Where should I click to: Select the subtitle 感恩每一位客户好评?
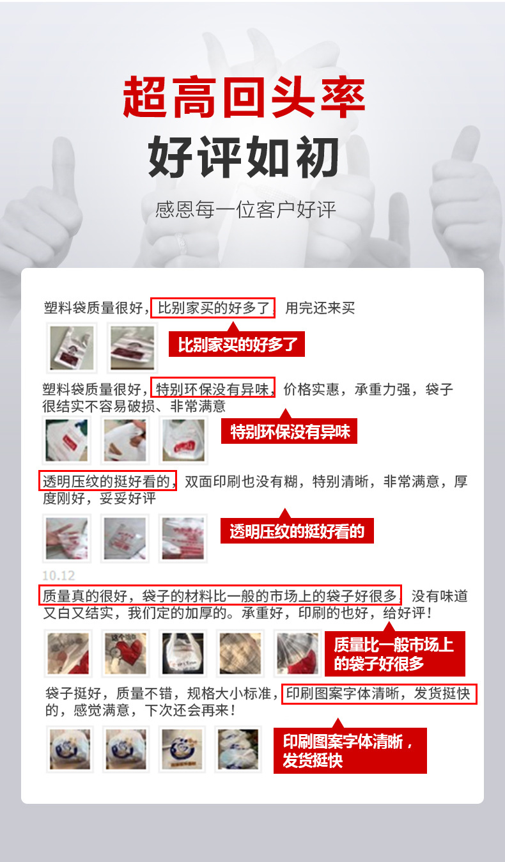point(245,210)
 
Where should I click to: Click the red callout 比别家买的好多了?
point(237,345)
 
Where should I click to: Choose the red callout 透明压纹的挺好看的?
point(297,531)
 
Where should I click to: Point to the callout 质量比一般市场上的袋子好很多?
point(394,654)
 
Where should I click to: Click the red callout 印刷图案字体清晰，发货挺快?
point(350,751)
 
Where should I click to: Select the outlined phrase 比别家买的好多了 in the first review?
point(213,308)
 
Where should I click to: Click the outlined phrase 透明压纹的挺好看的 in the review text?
point(107,481)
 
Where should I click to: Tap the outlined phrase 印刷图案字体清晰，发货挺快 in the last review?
point(380,694)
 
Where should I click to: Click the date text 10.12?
point(59,575)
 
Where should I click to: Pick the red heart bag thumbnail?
point(125,653)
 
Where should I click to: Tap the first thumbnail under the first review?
point(71,347)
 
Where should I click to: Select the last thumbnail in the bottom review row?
point(238,749)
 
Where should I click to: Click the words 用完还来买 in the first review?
point(320,308)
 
